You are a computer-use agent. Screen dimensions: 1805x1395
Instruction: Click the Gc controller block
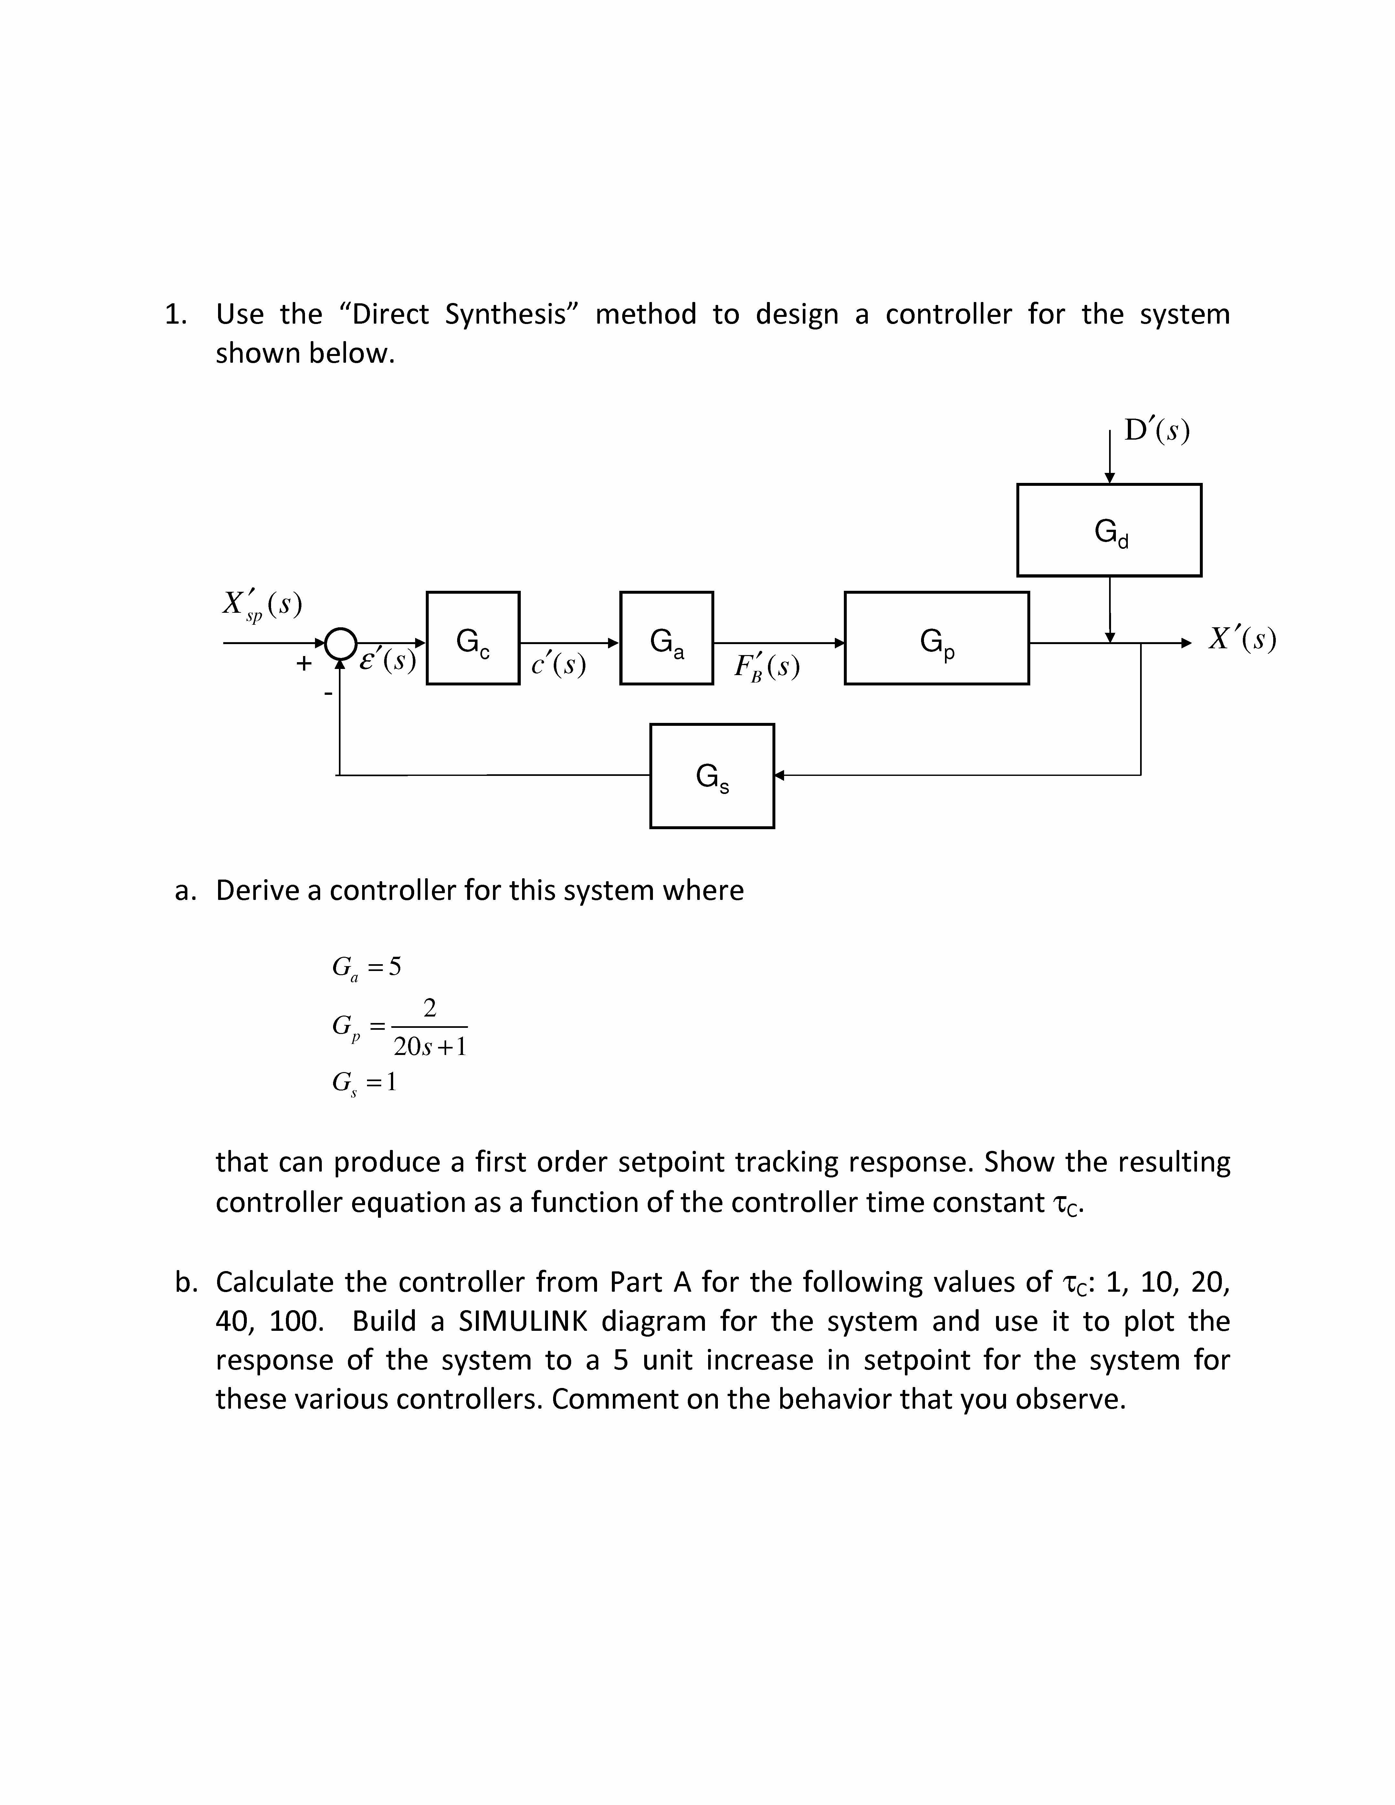tap(473, 638)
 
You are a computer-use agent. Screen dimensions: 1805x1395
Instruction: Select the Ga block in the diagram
tap(666, 638)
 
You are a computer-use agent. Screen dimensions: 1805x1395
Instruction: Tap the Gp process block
tap(936, 638)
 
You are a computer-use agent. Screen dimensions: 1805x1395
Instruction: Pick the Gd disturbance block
tap(1109, 530)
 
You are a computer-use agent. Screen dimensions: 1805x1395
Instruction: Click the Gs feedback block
tap(711, 775)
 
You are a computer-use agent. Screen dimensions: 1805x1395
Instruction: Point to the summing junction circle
tap(340, 643)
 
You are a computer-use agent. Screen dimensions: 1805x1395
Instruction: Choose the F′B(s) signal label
tap(766, 666)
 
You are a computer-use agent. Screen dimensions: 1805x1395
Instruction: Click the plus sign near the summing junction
tap(304, 663)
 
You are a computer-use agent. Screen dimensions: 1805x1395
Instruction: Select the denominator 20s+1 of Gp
tap(430, 1046)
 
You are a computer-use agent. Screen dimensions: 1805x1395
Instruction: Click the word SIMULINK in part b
tap(524, 1321)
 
